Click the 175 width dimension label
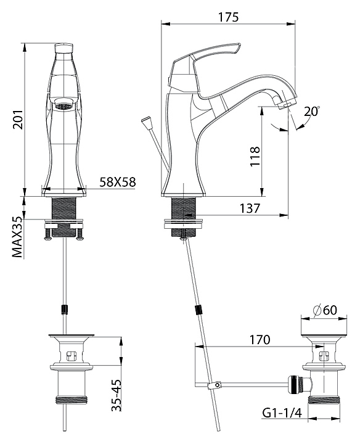point(228,17)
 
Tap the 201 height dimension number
point(18,120)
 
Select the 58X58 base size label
point(118,182)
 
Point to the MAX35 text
point(17,237)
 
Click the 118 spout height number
point(255,156)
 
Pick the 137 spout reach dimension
point(250,208)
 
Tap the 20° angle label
point(311,111)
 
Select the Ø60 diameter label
point(325,310)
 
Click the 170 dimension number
point(260,340)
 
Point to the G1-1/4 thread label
point(282,413)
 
